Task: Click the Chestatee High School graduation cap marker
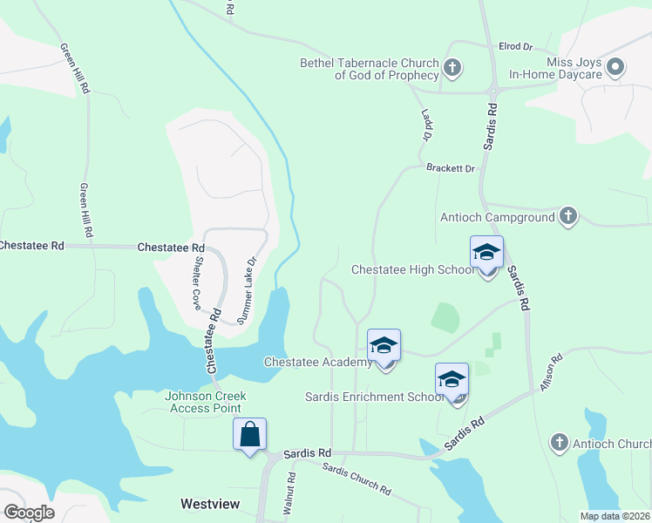pos(486,254)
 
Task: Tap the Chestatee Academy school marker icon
pos(384,346)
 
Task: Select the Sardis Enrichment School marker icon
pos(452,380)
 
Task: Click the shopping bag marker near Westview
pos(249,434)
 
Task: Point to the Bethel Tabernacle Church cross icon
pos(452,68)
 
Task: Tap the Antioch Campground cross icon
pos(567,216)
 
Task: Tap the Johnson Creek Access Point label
pos(206,402)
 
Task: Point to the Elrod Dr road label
pos(515,46)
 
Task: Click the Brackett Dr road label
pos(450,167)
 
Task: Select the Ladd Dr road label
pos(426,126)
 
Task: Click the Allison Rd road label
pos(549,372)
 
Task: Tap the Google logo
pos(29,512)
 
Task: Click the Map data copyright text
pos(615,516)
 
